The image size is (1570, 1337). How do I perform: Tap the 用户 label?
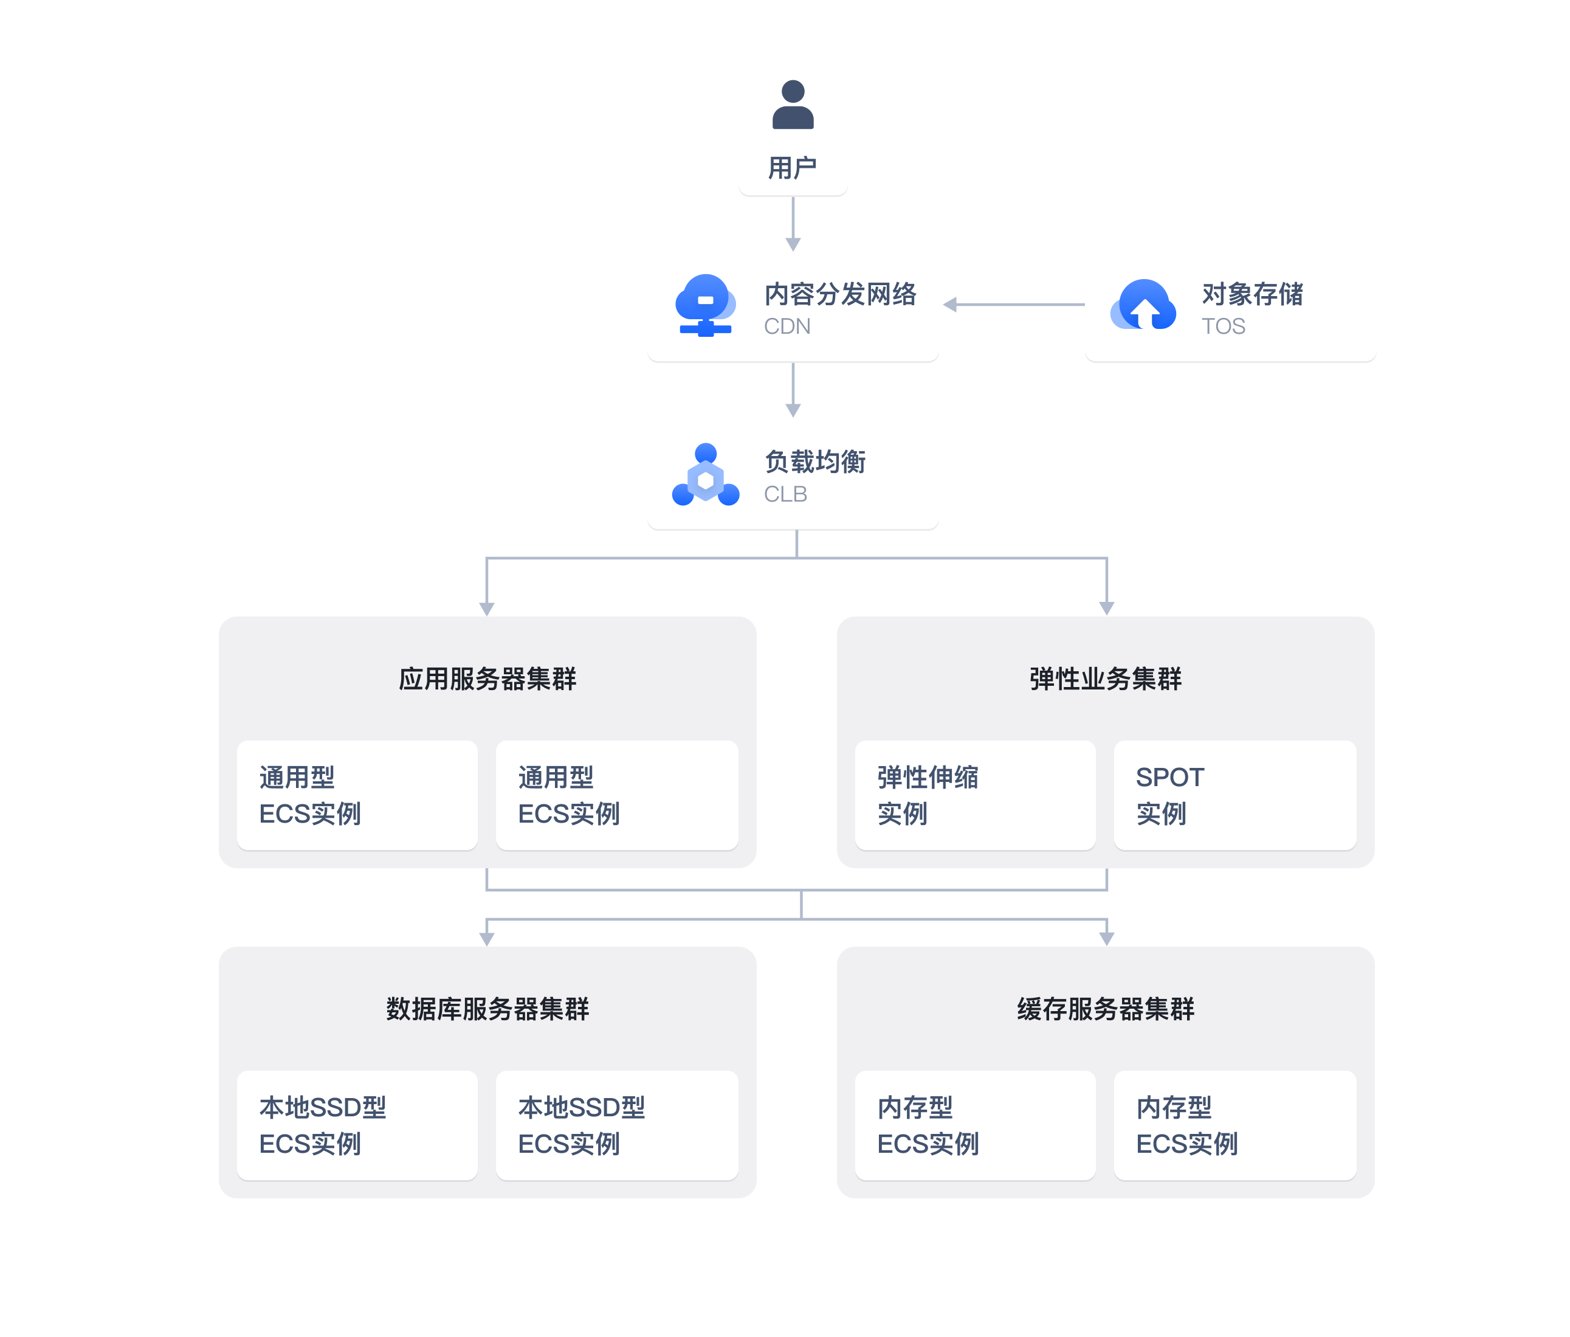point(793,167)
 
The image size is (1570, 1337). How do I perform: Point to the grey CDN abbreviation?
point(787,326)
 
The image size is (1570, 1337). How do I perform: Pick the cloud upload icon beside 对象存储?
point(1143,305)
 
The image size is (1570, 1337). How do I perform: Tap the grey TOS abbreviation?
point(1224,326)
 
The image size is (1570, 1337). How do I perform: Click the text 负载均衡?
point(815,461)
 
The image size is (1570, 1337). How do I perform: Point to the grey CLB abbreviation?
point(786,494)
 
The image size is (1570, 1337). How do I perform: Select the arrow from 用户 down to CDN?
point(793,224)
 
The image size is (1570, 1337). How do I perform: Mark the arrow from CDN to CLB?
point(793,390)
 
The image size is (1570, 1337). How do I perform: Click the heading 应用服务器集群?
point(487,679)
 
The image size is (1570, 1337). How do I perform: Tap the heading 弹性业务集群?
point(1106,679)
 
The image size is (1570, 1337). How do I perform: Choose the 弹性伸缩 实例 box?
point(975,795)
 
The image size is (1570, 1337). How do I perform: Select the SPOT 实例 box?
point(1234,795)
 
